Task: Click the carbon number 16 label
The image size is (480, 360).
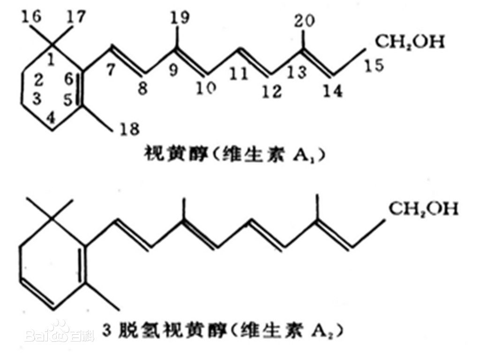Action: click(31, 16)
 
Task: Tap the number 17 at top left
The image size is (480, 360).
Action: click(75, 17)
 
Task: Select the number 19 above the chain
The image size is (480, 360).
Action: click(180, 17)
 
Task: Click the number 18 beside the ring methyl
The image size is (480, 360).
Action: click(129, 129)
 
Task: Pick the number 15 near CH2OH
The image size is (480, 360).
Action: click(374, 66)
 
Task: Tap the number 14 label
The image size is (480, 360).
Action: click(332, 91)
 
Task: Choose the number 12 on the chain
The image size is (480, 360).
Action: click(272, 91)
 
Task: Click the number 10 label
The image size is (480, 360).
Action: click(206, 89)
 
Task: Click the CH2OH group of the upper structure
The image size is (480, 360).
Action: click(410, 42)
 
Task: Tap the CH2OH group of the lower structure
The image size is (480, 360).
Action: click(423, 209)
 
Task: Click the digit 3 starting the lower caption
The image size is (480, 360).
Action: click(107, 331)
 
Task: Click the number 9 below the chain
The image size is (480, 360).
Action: click(173, 70)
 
